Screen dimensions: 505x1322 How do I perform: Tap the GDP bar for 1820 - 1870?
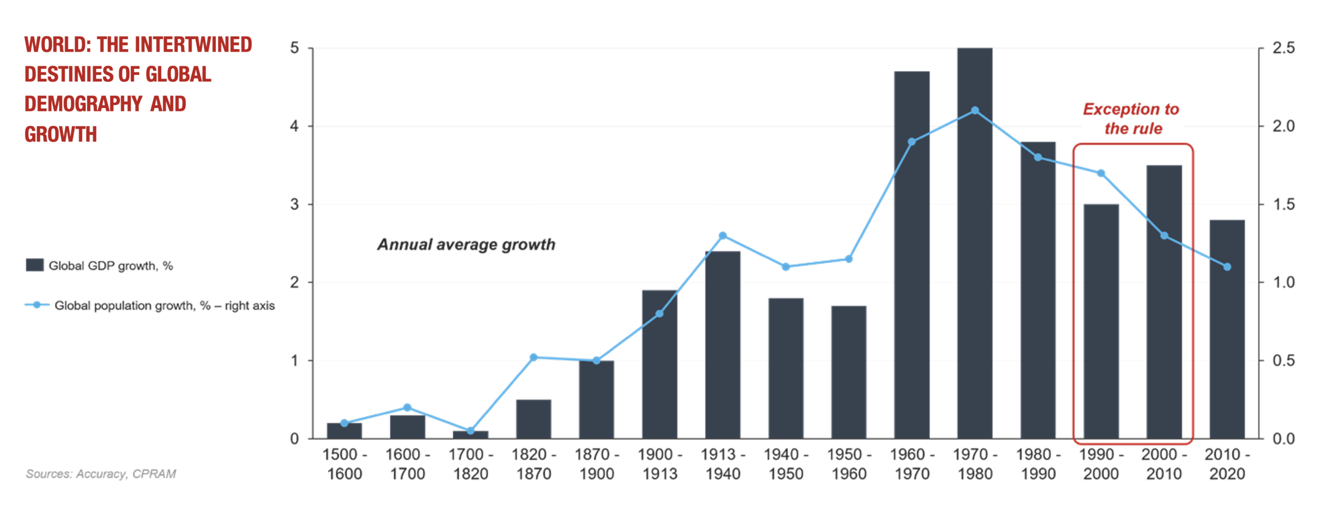[x=533, y=419]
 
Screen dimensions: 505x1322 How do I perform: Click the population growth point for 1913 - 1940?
[x=722, y=235]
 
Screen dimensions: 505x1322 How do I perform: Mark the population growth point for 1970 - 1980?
[x=974, y=111]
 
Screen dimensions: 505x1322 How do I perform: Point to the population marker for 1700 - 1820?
[x=470, y=431]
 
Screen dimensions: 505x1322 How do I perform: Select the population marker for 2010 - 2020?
[x=1227, y=267]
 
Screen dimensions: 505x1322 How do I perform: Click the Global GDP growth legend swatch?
[x=35, y=265]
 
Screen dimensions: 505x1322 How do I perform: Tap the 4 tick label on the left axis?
[x=294, y=126]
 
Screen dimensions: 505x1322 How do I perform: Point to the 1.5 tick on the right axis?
[x=1283, y=204]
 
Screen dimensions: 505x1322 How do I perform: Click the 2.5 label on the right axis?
[x=1283, y=48]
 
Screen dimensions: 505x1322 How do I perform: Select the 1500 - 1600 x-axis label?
[x=344, y=464]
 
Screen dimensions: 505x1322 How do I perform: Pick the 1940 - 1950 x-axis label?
[x=785, y=464]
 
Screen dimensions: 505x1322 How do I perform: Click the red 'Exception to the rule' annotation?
[x=1132, y=119]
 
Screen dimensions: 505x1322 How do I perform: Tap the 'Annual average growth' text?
[x=466, y=244]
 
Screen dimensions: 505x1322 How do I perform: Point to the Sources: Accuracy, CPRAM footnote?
[x=101, y=474]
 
